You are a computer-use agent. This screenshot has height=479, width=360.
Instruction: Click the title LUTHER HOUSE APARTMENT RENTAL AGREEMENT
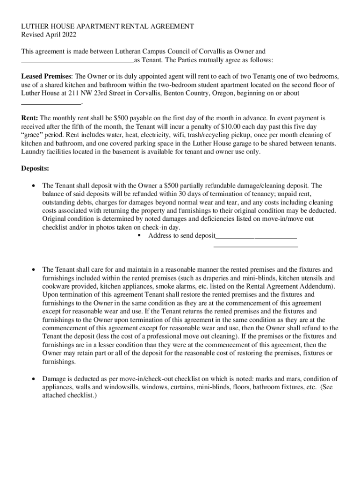pyautogui.click(x=108, y=27)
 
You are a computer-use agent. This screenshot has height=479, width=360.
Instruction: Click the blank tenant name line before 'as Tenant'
pyautogui.click(x=78, y=60)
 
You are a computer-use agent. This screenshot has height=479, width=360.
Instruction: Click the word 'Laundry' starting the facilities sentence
pyautogui.click(x=34, y=152)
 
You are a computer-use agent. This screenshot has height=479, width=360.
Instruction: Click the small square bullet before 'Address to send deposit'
pyautogui.click(x=139, y=236)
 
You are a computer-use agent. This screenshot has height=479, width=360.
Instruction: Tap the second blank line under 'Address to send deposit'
pyautogui.click(x=255, y=245)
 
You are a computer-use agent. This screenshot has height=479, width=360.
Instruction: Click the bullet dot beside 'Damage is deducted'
pyautogui.click(x=33, y=379)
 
